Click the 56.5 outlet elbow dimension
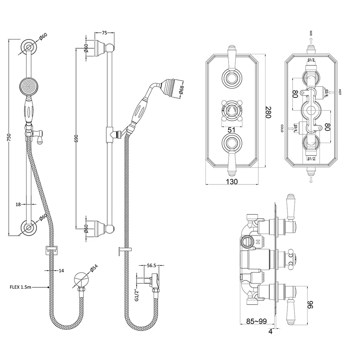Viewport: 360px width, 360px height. coord(151,266)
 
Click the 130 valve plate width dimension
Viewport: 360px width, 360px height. coord(232,182)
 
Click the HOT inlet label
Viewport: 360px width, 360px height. coord(339,92)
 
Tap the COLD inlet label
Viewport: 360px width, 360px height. coord(282,129)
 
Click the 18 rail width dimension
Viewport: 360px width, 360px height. coord(18,205)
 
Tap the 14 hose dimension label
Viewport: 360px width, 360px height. coord(61,270)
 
